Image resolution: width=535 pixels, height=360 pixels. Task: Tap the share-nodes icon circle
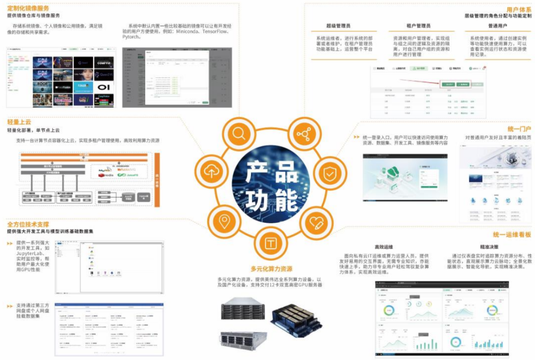(302, 134)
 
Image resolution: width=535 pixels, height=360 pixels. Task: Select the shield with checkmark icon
(329, 173)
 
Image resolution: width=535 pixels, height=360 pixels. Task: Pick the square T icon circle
(270, 243)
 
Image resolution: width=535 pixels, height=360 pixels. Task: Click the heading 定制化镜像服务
(28, 8)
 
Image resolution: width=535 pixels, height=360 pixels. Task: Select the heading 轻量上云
(19, 122)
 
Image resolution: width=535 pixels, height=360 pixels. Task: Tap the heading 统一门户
(519, 129)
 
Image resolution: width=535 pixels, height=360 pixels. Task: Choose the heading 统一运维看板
(512, 235)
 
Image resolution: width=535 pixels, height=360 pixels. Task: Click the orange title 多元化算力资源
(271, 269)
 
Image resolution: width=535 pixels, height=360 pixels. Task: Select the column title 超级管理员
(338, 26)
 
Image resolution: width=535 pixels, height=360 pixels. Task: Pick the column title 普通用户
(498, 26)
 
